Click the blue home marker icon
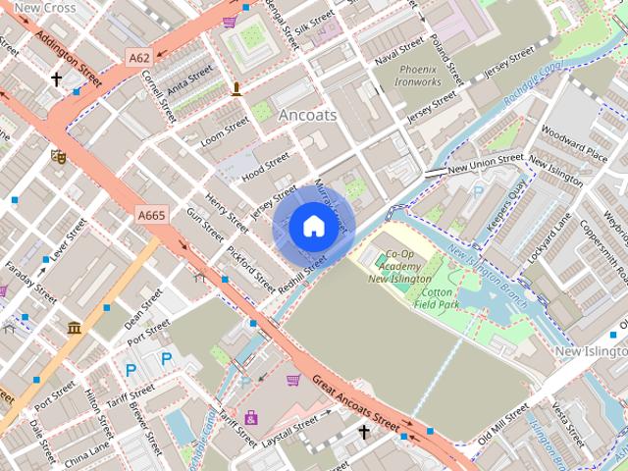click(312, 226)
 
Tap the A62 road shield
click(138, 59)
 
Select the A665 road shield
click(151, 215)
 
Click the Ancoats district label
click(307, 115)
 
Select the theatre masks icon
click(58, 155)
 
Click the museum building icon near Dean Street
click(75, 328)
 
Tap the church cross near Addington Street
click(56, 78)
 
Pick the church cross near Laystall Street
click(364, 431)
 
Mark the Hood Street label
click(266, 163)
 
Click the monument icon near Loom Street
click(236, 90)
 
